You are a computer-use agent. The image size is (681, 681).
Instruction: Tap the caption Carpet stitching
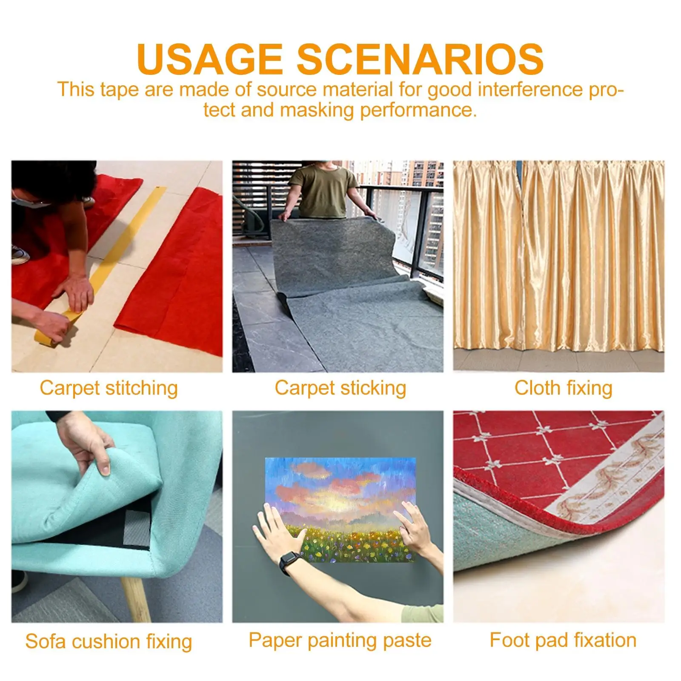tap(109, 388)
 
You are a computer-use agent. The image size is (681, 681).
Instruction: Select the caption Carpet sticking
tap(340, 388)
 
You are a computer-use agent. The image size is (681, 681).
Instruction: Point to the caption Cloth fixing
tap(563, 388)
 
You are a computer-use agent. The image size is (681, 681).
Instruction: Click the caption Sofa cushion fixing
tap(109, 641)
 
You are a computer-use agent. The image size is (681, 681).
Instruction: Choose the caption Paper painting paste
tap(340, 641)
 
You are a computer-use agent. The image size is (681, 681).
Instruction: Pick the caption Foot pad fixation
tap(563, 640)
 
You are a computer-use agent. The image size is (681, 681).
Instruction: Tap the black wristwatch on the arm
tap(289, 562)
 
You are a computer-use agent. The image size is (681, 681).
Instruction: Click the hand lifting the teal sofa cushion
tap(87, 443)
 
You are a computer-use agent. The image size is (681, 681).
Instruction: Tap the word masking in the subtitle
tap(317, 110)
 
